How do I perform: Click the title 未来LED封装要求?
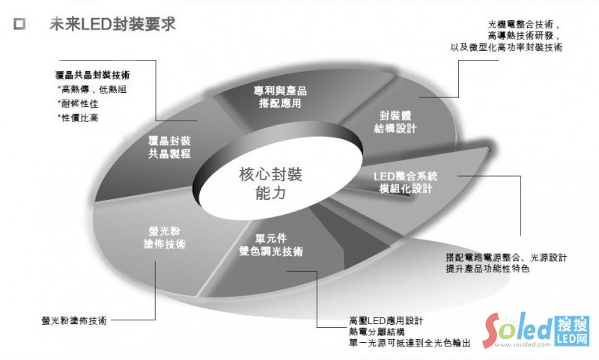tap(112, 24)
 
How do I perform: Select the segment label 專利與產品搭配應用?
tap(280, 97)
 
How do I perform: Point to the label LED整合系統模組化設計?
tap(404, 181)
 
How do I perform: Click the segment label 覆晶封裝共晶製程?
tap(169, 147)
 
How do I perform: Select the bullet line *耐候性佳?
tap(78, 103)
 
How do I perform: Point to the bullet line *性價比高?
tap(78, 118)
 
